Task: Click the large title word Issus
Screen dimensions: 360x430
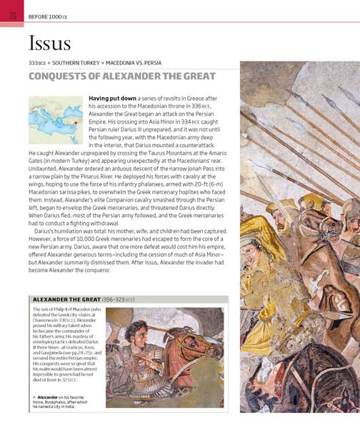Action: [x=50, y=44]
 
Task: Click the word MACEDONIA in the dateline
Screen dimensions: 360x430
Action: [x=131, y=63]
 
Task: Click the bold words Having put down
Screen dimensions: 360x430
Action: [x=111, y=97]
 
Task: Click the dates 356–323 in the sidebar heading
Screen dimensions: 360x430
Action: [x=120, y=299]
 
